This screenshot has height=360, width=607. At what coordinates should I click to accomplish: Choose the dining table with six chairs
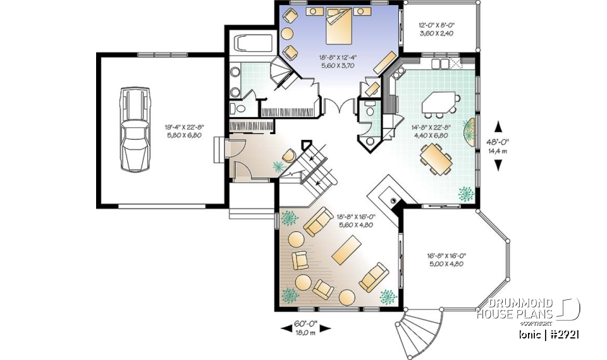click(437, 158)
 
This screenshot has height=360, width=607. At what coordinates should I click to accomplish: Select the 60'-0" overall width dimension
click(306, 327)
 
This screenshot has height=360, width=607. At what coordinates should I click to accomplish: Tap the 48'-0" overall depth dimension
click(498, 146)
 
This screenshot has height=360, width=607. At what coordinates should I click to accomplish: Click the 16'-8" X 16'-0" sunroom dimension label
click(445, 259)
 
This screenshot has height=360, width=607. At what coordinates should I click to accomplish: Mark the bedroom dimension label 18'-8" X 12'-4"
click(338, 61)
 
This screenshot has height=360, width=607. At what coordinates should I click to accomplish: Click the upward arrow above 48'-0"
click(498, 125)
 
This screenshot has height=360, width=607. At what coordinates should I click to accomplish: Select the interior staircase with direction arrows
click(313, 165)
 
